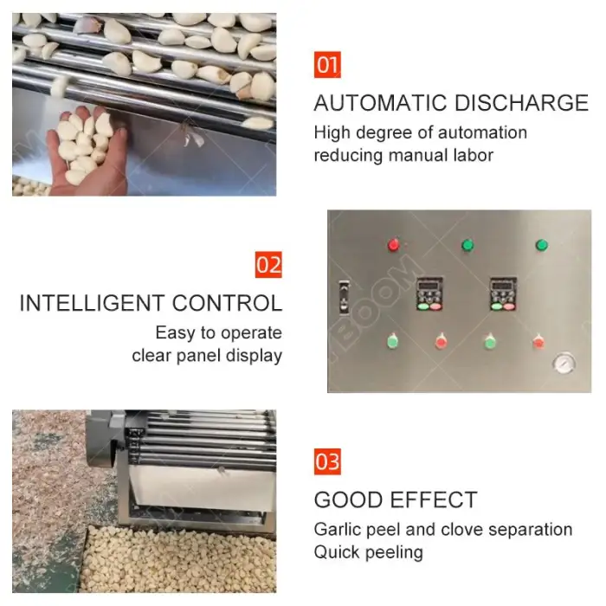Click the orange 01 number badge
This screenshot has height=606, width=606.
[327, 65]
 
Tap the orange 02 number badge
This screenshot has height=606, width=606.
[268, 265]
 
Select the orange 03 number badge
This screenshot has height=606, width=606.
[327, 461]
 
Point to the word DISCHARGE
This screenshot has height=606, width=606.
[521, 103]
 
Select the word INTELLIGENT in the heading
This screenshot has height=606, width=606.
[92, 303]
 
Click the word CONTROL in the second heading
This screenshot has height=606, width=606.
[227, 303]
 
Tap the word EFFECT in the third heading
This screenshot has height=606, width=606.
[434, 500]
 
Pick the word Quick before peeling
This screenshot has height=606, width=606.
[337, 552]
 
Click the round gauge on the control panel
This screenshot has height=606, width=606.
[564, 364]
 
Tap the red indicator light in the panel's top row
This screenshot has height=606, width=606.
[393, 245]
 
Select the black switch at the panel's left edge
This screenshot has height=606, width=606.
[344, 296]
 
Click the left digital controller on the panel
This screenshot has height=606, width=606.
[429, 294]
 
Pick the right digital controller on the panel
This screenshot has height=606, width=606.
[503, 294]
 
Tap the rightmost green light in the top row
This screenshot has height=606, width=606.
[541, 245]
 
